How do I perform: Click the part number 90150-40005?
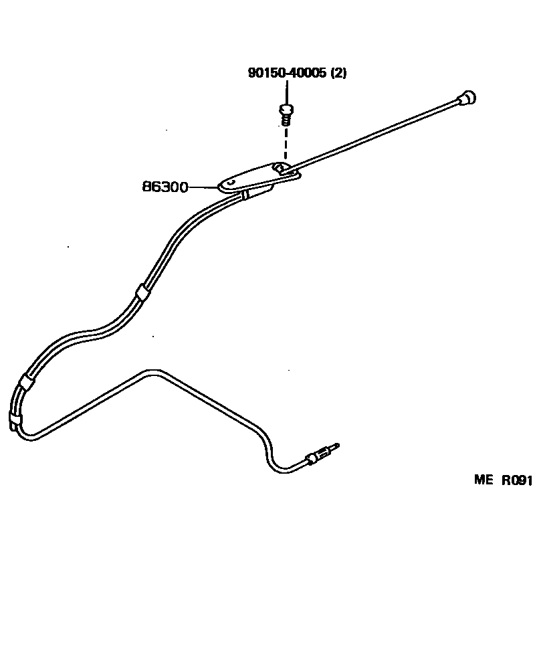click(x=288, y=74)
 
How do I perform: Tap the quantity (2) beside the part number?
click(x=338, y=74)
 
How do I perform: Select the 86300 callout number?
click(x=165, y=187)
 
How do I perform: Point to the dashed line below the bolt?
click(x=286, y=144)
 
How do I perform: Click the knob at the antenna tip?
click(x=467, y=98)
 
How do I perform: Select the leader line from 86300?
click(x=204, y=187)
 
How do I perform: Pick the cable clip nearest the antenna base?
click(x=247, y=194)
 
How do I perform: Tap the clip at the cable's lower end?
click(x=15, y=421)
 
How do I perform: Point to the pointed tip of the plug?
click(x=337, y=445)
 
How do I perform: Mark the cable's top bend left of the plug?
click(x=152, y=370)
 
